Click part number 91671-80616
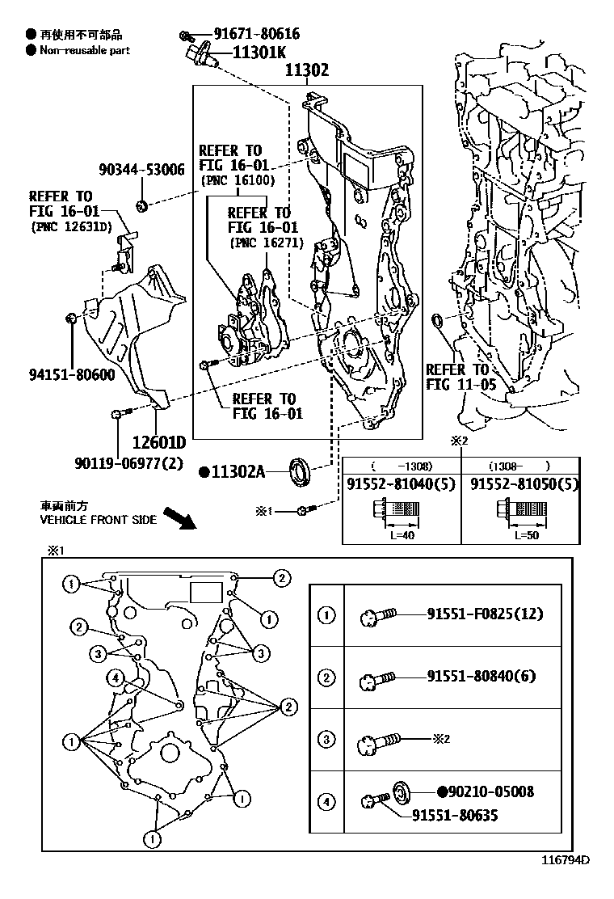[256, 34]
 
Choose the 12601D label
[159, 442]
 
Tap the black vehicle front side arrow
[179, 517]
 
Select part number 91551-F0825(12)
[485, 614]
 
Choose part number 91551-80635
[455, 816]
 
